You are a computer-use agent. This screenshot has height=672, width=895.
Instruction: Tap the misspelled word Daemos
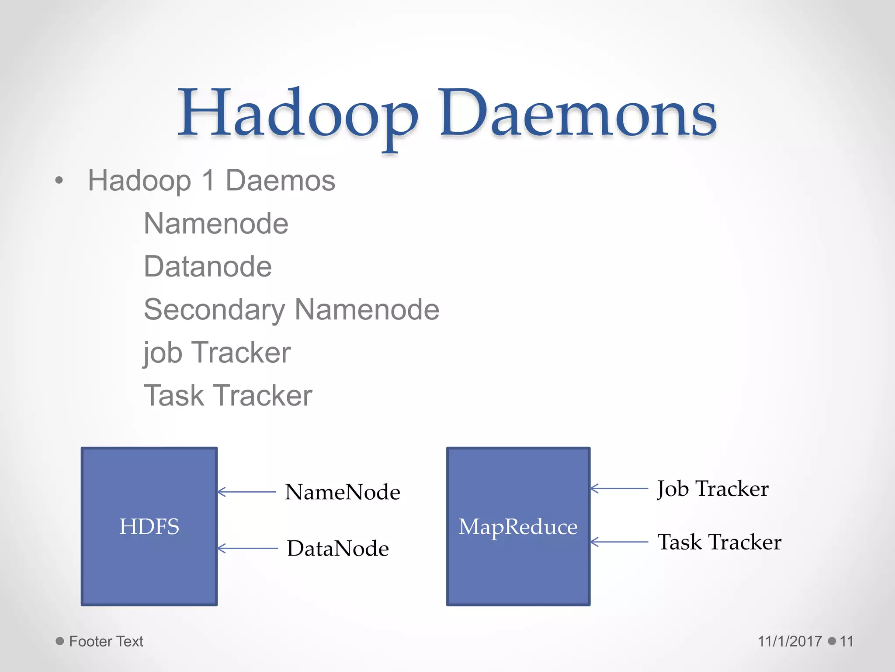[280, 181]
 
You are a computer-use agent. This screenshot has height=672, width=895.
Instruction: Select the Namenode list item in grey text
[216, 224]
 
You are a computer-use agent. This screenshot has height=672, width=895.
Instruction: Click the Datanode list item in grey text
[208, 266]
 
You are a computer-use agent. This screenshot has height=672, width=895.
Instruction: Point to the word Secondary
[214, 310]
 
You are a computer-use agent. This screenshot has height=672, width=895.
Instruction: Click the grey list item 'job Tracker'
[217, 353]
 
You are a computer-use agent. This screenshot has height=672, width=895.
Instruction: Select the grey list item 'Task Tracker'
[228, 395]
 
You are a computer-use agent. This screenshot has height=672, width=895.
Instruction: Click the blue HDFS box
[149, 526]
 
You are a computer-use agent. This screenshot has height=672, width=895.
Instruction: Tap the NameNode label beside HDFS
[342, 492]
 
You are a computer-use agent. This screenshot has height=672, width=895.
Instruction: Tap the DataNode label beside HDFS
[338, 549]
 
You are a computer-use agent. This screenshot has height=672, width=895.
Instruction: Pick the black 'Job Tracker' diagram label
[713, 489]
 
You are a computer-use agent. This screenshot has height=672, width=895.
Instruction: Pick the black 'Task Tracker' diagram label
[719, 542]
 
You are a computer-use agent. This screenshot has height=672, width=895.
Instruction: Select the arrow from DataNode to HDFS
[247, 548]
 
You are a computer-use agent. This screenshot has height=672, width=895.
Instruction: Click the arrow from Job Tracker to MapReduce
[619, 488]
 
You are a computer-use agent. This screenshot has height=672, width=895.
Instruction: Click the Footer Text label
[106, 641]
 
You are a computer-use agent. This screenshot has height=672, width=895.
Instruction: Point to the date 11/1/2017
[790, 641]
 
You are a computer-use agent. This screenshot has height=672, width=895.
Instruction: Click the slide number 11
[846, 641]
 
